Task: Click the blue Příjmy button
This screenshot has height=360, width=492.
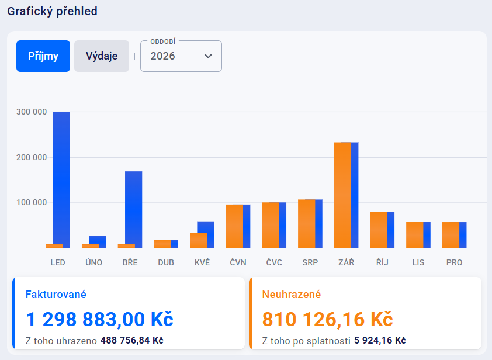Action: (x=43, y=56)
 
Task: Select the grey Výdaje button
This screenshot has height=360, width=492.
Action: (x=102, y=56)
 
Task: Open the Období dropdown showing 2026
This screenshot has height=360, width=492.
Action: (x=181, y=56)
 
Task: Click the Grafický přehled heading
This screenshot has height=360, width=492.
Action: (x=52, y=11)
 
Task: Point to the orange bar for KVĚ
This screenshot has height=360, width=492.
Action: (x=198, y=241)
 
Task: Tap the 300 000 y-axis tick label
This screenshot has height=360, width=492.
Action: (x=32, y=112)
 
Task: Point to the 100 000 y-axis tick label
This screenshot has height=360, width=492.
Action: (x=32, y=203)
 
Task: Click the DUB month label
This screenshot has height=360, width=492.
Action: (x=166, y=262)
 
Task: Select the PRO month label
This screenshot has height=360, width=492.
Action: (x=454, y=262)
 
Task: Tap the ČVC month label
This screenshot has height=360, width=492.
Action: (x=274, y=262)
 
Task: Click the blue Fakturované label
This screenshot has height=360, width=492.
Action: (x=56, y=295)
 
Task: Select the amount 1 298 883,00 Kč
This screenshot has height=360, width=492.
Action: (x=100, y=319)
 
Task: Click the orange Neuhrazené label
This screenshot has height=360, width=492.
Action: (x=292, y=295)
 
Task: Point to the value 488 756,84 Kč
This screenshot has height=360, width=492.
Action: (x=131, y=340)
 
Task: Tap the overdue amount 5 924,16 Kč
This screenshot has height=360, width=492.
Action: (x=380, y=340)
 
